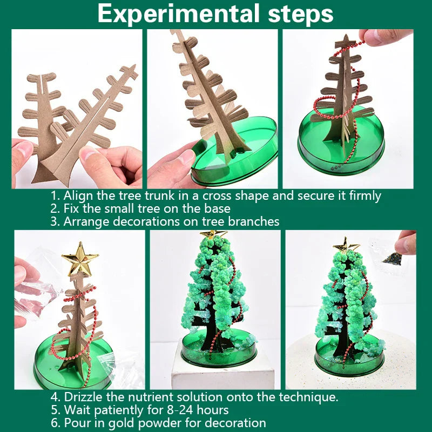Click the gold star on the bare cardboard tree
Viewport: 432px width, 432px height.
point(80,259)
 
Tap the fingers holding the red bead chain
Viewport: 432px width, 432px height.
point(387,37)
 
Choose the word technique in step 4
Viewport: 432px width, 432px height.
point(310,397)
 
